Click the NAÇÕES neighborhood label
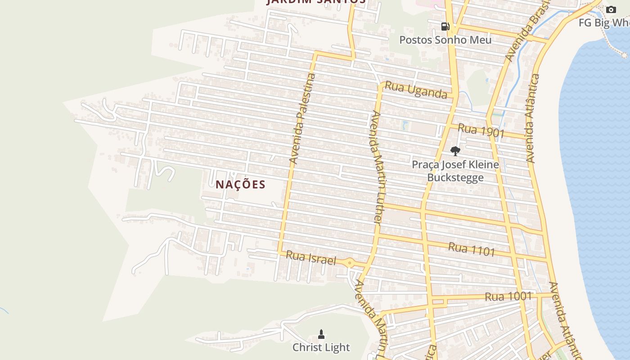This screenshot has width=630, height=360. (240, 184)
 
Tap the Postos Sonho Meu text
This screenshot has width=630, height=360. (445, 40)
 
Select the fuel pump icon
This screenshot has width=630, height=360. (445, 26)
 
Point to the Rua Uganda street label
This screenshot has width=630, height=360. (416, 90)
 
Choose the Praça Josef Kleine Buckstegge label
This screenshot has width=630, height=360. (455, 171)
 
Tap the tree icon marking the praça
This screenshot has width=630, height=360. (455, 151)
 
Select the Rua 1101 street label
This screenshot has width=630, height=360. (471, 249)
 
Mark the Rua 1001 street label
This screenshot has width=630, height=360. (508, 297)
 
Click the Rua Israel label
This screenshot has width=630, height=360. (311, 258)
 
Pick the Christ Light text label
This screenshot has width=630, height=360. (321, 347)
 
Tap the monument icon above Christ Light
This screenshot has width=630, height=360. (321, 334)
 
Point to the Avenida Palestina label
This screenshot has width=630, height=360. (303, 118)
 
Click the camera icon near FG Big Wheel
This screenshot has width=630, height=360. (611, 9)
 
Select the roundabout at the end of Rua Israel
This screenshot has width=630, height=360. (350, 262)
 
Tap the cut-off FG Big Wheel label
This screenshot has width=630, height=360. (604, 22)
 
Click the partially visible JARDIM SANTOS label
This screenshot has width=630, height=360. (316, 2)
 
